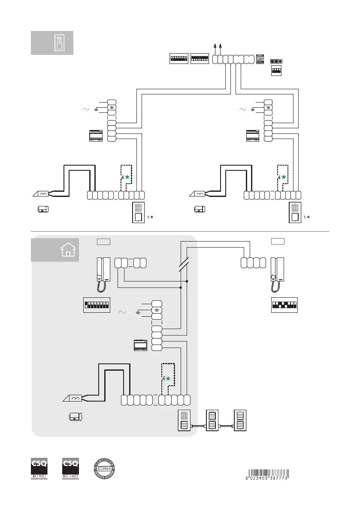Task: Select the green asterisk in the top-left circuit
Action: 127,177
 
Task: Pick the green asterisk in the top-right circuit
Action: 283,177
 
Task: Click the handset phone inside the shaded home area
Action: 103,275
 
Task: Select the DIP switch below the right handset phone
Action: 284,305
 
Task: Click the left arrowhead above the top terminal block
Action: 215,46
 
